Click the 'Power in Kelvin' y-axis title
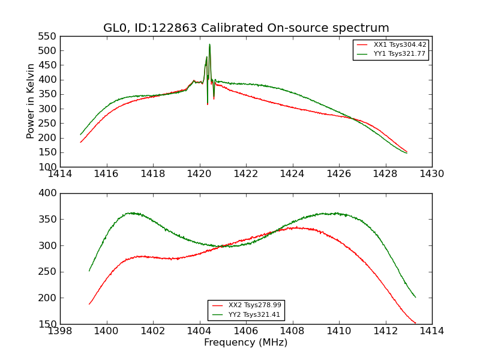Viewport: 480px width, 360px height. [x=31, y=101]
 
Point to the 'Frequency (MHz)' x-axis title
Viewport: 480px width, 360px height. [x=246, y=343]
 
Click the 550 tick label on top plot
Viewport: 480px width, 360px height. [x=49, y=37]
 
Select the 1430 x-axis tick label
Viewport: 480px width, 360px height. [x=432, y=174]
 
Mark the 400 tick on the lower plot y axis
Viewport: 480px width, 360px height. [x=49, y=193]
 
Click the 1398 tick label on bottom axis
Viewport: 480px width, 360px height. [x=61, y=331]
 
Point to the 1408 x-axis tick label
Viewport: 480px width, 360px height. [x=292, y=331]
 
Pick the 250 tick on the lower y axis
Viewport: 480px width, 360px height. [x=49, y=272]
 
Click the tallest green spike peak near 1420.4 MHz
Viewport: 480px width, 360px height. [x=209, y=44]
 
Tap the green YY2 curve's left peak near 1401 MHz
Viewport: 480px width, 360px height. [x=131, y=213]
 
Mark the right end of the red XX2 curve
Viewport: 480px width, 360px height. [x=415, y=323]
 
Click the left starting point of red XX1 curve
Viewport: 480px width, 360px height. [x=80, y=142]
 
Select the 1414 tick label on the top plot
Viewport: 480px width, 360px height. [x=61, y=174]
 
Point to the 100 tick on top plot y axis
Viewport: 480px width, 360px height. [x=49, y=167]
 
